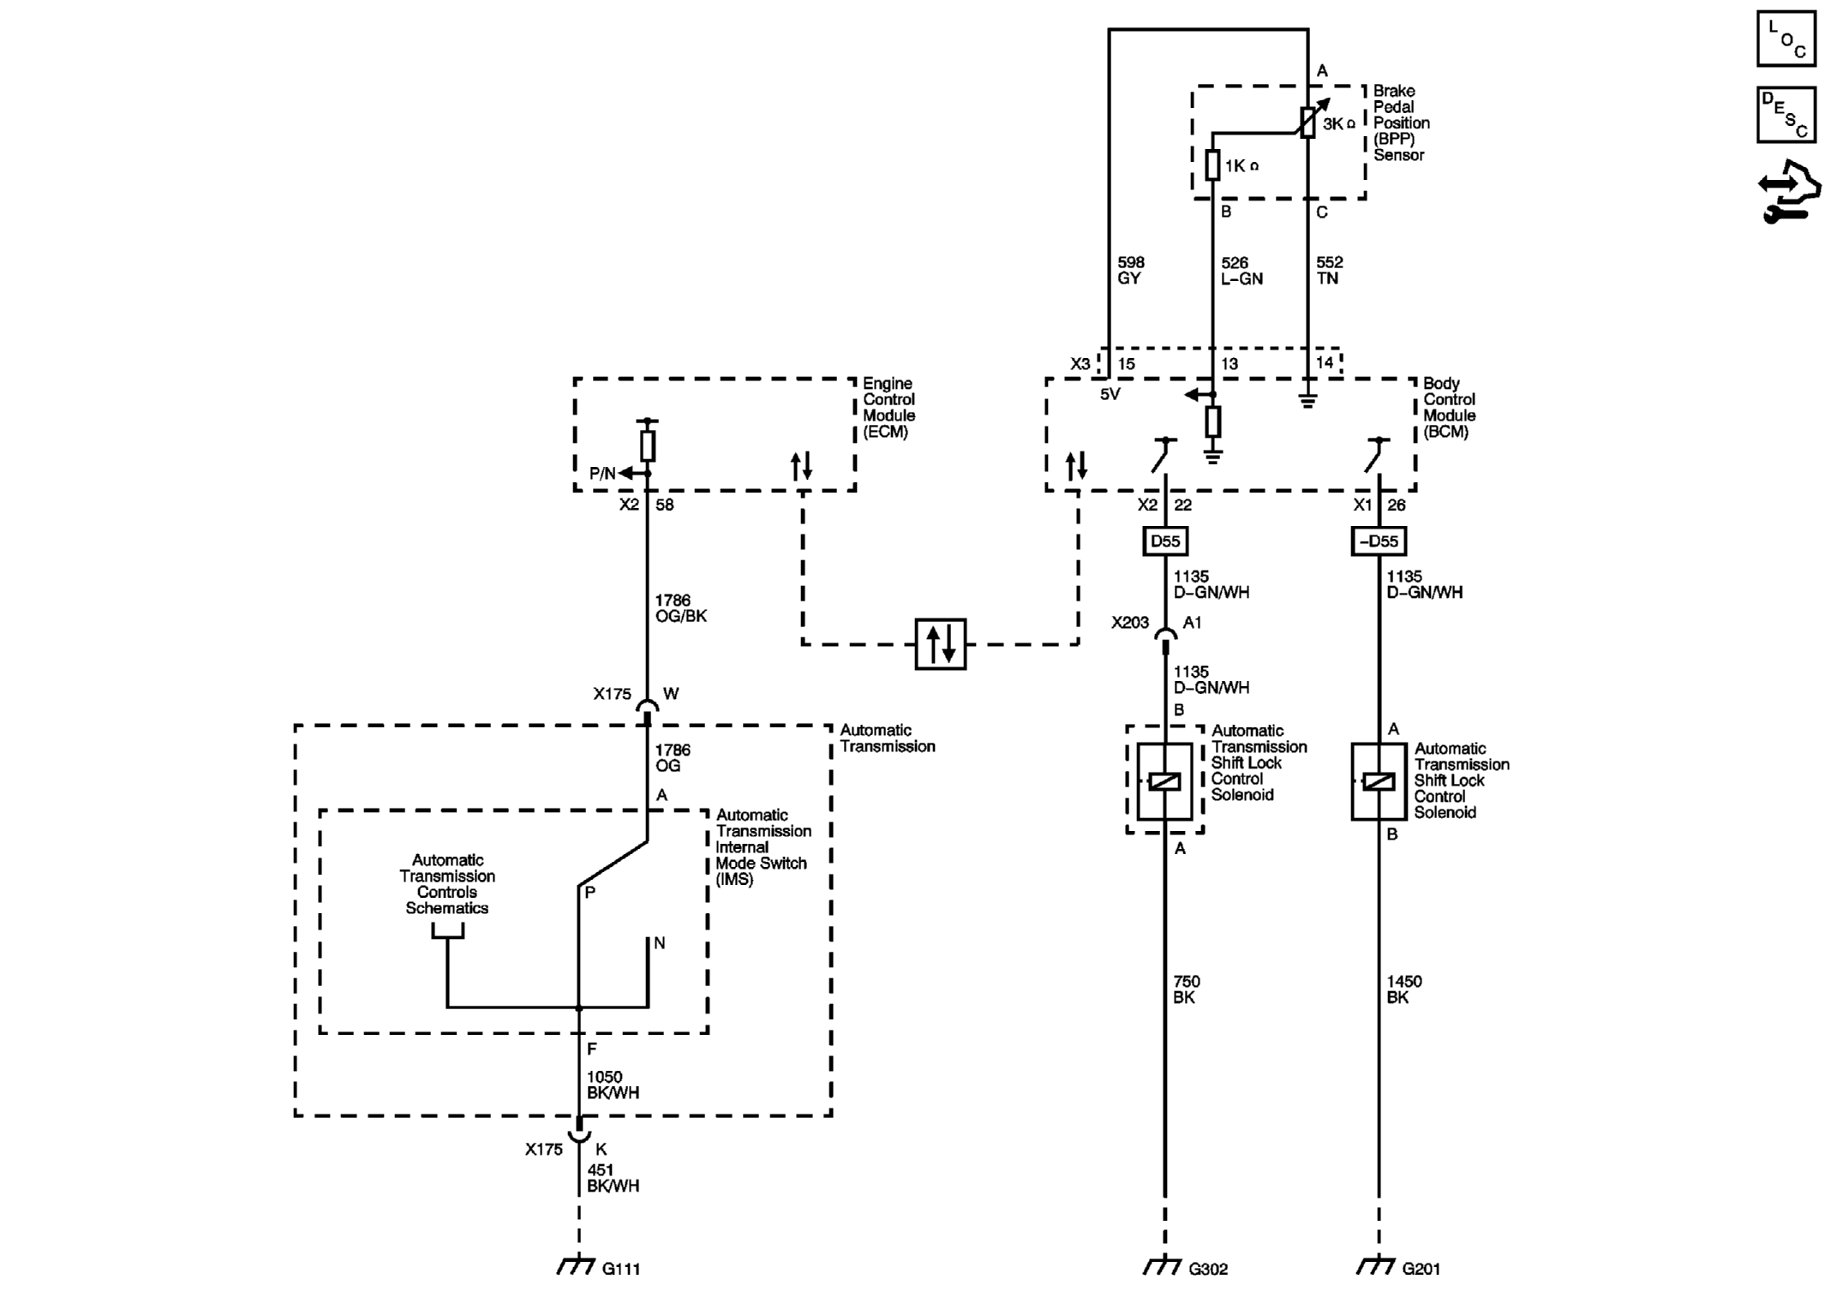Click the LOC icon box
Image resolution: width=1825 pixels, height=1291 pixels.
(x=1786, y=39)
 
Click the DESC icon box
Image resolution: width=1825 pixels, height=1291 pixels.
(x=1786, y=115)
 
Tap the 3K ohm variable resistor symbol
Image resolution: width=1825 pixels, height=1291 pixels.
(x=1308, y=123)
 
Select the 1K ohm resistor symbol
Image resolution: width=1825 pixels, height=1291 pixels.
(x=1212, y=164)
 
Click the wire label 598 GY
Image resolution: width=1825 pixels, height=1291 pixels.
(x=1130, y=270)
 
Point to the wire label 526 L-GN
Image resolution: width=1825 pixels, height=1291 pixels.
(x=1241, y=270)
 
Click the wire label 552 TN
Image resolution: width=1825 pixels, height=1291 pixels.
(x=1329, y=270)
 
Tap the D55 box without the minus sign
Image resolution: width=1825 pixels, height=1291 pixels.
(x=1164, y=541)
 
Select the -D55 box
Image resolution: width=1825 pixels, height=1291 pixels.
(x=1379, y=541)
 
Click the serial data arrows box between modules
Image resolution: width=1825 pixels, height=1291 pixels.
(x=940, y=643)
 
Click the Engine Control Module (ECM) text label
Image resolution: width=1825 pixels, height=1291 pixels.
(x=889, y=408)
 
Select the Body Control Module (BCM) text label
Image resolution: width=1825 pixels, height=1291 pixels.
(x=1449, y=408)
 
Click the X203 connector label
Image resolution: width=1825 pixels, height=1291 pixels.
(x=1129, y=623)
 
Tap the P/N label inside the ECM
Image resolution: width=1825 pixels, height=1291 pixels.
(x=602, y=474)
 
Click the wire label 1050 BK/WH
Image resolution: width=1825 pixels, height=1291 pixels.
(x=613, y=1085)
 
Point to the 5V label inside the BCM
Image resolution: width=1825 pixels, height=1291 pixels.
(x=1110, y=395)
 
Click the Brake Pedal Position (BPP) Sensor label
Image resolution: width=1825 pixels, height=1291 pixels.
(x=1401, y=123)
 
